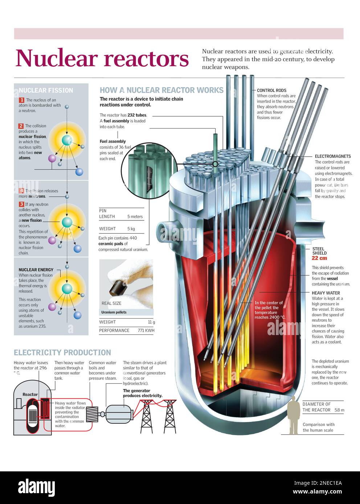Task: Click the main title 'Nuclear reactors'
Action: click(x=102, y=58)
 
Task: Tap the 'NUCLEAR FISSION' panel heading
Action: click(x=46, y=90)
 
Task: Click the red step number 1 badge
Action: click(x=21, y=100)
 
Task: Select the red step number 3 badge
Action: click(x=21, y=204)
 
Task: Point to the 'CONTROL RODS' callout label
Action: click(x=271, y=90)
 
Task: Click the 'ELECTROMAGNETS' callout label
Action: click(x=333, y=156)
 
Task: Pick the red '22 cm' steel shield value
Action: click(x=319, y=258)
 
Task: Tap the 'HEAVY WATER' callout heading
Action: click(x=326, y=293)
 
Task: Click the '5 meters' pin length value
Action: click(x=135, y=216)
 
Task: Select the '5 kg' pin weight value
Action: click(x=131, y=229)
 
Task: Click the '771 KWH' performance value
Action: click(x=146, y=330)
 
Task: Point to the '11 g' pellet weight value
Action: click(x=151, y=322)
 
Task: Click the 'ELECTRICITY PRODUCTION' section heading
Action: click(x=62, y=352)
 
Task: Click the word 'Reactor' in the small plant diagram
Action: click(x=30, y=394)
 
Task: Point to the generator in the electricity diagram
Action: click(x=119, y=413)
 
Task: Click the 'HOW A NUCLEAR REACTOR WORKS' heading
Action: click(x=161, y=90)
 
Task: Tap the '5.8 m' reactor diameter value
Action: click(x=339, y=410)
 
